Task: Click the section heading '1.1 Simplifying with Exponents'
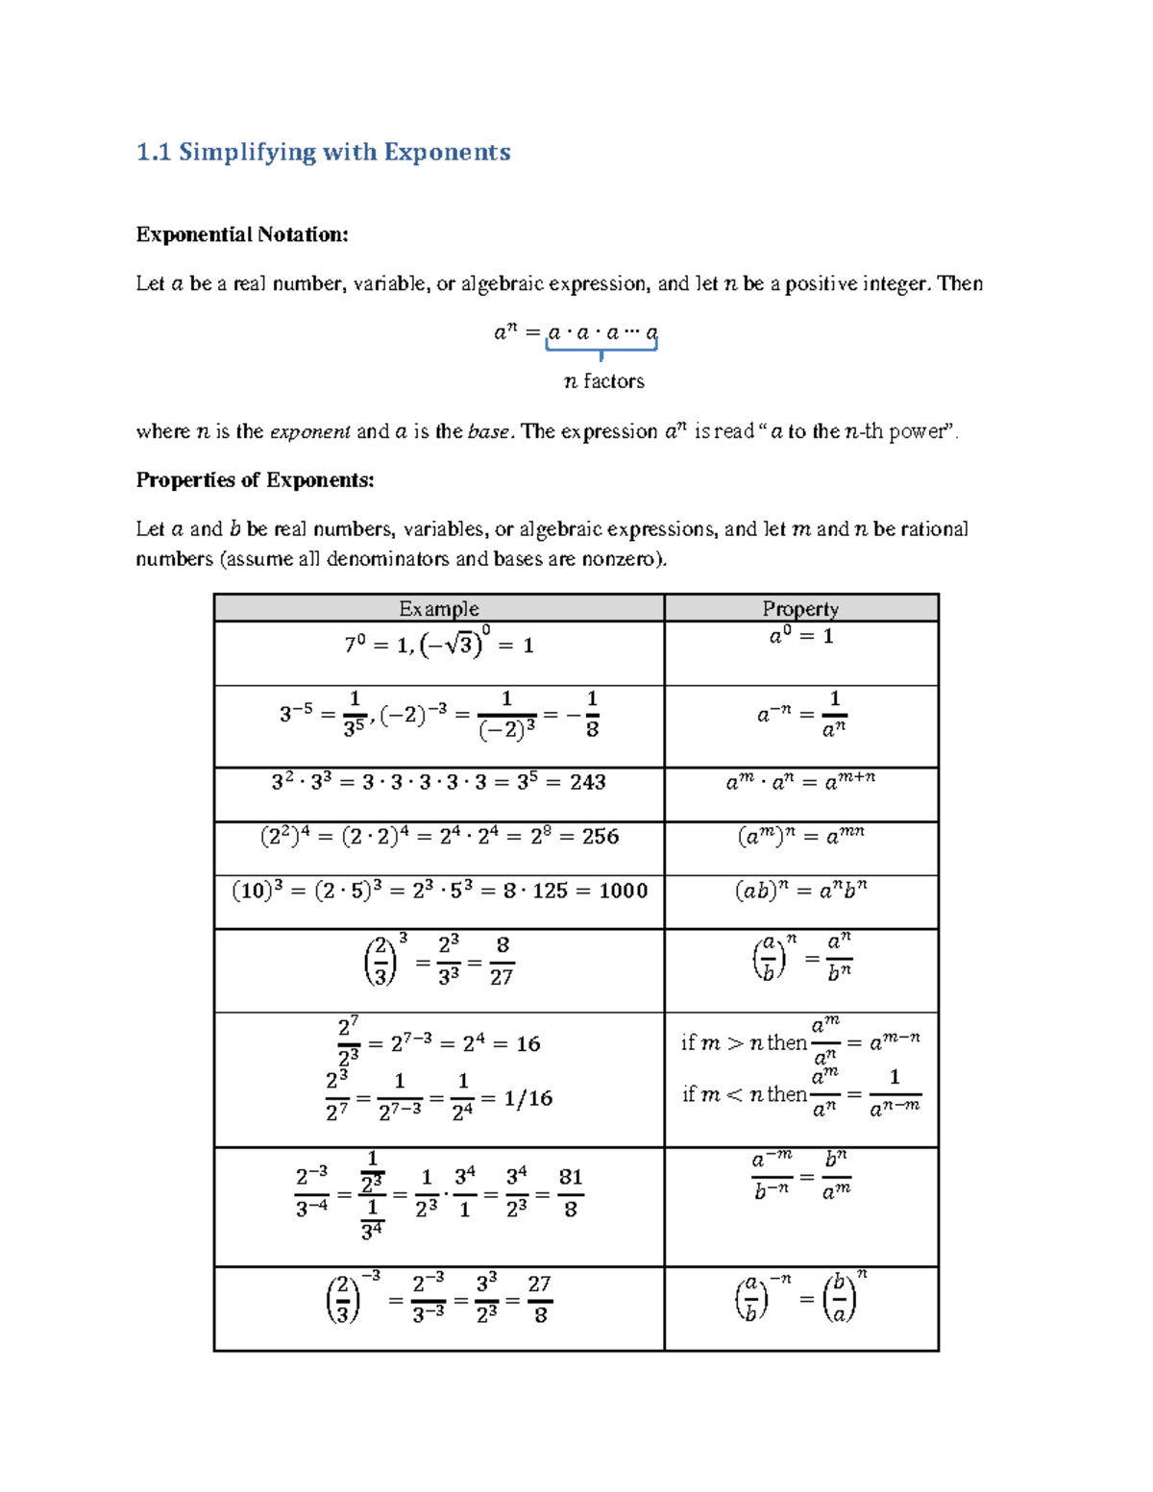click(323, 152)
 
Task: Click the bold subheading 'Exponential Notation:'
click(242, 234)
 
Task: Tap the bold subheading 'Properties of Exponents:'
click(255, 479)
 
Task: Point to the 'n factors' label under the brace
click(603, 381)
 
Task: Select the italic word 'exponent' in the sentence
click(309, 431)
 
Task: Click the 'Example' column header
click(439, 608)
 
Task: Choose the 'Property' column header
click(800, 608)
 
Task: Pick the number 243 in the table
click(587, 782)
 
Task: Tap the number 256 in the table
click(601, 837)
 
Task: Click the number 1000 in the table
click(623, 891)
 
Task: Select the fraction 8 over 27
click(502, 962)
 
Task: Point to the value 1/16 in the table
click(528, 1098)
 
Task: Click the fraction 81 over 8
click(571, 1193)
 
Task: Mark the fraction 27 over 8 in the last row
click(539, 1299)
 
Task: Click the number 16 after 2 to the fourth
click(528, 1044)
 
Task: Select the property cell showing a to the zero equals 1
click(800, 636)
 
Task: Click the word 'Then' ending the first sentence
click(960, 283)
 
